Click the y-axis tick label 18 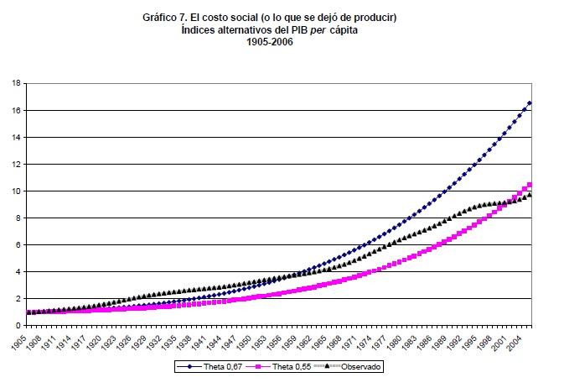click(x=16, y=83)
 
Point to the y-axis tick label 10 click(x=16, y=191)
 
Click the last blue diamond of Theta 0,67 click(x=530, y=102)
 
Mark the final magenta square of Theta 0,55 click(x=530, y=185)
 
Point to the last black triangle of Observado click(x=530, y=195)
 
